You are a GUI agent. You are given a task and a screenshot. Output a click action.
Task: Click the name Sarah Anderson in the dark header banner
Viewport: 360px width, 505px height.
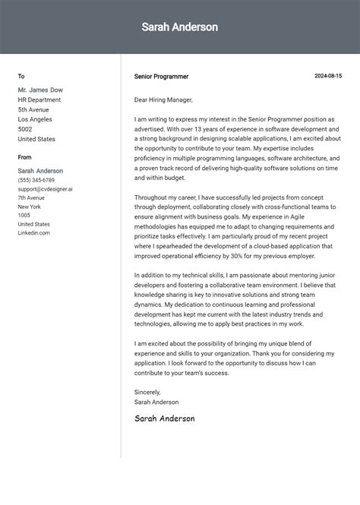[179, 27]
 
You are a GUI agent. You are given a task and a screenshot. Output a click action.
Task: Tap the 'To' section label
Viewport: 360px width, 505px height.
[21, 76]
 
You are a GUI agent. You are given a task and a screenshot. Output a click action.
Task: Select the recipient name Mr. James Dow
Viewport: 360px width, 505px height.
[40, 90]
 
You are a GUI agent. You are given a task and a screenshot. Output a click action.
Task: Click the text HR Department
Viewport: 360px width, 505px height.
[39, 99]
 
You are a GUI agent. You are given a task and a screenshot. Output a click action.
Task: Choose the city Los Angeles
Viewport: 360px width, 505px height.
[35, 119]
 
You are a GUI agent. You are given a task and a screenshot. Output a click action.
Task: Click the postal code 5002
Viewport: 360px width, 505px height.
[26, 129]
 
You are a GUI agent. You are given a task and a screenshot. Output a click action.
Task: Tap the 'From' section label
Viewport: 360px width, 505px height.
[25, 157]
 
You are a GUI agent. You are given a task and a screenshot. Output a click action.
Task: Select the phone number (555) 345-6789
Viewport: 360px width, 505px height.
[36, 180]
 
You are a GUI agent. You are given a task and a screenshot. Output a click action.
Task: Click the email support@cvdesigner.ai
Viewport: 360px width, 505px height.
[46, 189]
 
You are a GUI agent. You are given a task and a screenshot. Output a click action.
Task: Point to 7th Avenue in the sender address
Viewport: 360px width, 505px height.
[32, 197]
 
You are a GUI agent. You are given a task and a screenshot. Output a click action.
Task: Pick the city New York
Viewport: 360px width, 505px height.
[30, 207]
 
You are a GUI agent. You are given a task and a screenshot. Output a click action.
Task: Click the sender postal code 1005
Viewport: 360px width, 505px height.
[24, 216]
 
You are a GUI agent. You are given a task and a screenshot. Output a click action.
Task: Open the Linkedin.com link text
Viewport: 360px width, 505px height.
[34, 233]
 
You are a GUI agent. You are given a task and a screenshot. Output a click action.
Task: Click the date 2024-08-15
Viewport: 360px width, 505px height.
[328, 76]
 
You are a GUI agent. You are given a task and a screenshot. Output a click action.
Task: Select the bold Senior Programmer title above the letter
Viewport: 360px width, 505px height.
[161, 77]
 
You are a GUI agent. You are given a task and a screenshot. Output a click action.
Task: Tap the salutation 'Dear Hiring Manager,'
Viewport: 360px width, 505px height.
[163, 99]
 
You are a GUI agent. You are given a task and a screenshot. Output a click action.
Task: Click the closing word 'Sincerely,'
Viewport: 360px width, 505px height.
[149, 393]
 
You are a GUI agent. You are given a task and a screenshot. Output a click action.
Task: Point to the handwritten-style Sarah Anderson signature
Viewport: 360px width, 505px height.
[164, 418]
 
